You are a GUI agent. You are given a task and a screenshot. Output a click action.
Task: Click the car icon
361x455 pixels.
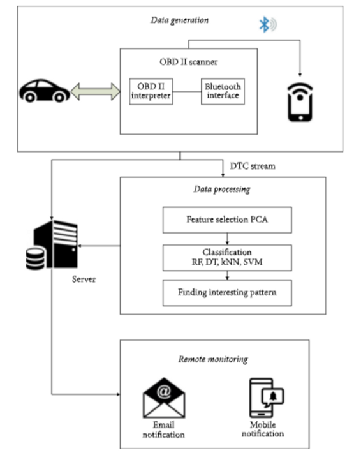tap(44, 91)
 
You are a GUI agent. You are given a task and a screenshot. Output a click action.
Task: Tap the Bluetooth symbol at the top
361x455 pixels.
tap(263, 24)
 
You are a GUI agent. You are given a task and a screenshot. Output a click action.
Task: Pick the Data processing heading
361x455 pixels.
tap(222, 190)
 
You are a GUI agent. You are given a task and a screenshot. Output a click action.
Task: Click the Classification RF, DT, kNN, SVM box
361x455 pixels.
tap(226, 257)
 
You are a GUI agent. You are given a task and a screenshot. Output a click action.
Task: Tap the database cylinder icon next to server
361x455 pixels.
tap(34, 260)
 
